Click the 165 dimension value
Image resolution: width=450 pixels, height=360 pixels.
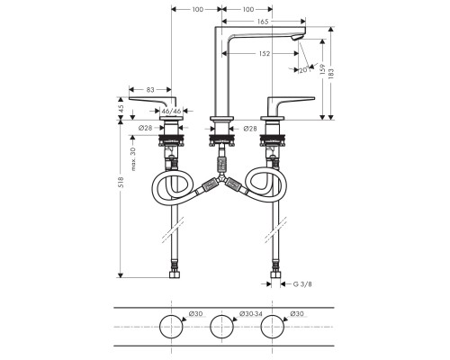click(263, 22)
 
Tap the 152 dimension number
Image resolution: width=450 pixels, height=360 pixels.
click(265, 54)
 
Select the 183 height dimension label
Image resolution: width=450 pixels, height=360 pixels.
click(331, 74)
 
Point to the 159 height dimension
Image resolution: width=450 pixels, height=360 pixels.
click(322, 69)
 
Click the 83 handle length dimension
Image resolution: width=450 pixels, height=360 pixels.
click(150, 90)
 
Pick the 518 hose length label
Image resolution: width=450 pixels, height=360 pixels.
click(121, 183)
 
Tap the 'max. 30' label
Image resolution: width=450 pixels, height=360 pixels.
click(133, 159)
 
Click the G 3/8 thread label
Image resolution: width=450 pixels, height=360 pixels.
click(302, 284)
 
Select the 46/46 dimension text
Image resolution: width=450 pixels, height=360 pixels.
click(171, 111)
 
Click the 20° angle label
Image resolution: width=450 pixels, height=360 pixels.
click(304, 70)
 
